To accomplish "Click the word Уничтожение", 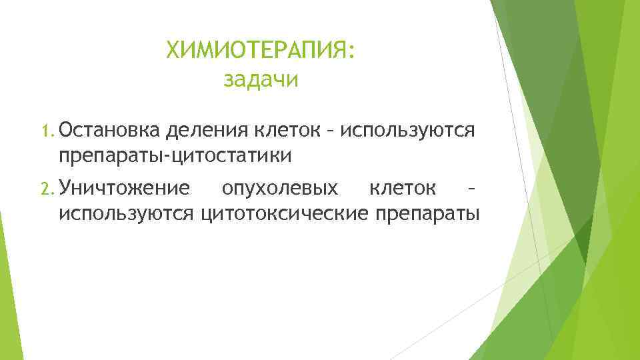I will [123, 188].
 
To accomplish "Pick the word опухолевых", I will [280, 189].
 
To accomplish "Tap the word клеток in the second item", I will [403, 188].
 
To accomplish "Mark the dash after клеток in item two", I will [471, 189].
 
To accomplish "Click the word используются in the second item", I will [127, 214].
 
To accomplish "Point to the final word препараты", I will [428, 215].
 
